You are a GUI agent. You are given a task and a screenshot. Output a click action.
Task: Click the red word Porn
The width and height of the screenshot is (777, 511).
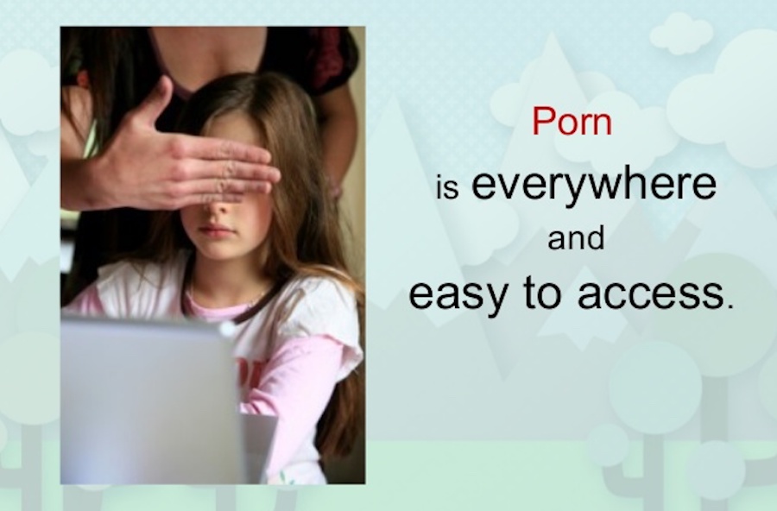(x=571, y=122)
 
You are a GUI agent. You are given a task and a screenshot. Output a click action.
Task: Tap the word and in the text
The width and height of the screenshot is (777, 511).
(x=576, y=239)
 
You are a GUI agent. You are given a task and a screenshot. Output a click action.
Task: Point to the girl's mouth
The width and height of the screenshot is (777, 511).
(x=216, y=231)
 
